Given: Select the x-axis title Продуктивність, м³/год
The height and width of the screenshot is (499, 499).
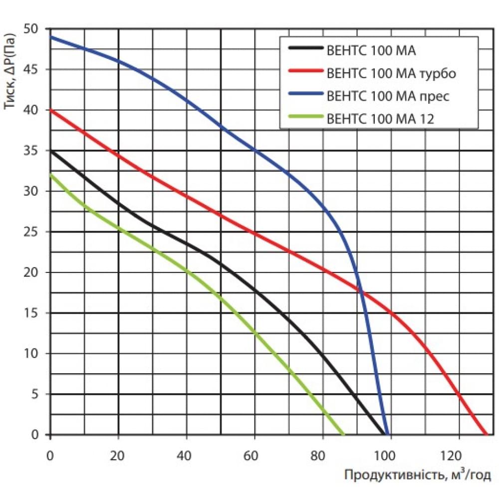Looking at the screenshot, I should (x=418, y=474).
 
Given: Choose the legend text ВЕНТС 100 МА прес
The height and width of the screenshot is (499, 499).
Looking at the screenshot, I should (x=388, y=96).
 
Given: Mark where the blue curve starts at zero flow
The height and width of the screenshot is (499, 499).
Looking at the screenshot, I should (x=50, y=37).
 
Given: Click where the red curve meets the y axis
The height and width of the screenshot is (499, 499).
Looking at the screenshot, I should (x=50, y=110).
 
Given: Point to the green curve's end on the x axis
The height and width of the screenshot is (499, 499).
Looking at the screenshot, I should (x=343, y=434).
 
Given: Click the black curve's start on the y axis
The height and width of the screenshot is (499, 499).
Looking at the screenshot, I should (x=50, y=151).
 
